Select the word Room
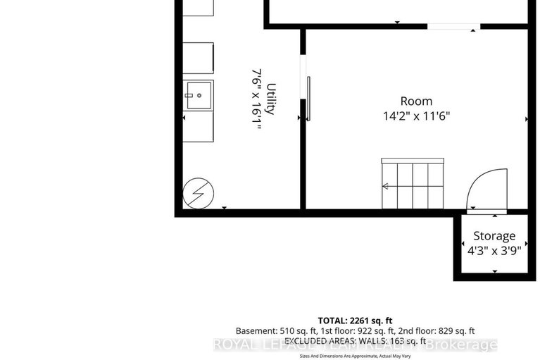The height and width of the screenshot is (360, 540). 416,101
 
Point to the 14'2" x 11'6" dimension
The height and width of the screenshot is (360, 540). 416,116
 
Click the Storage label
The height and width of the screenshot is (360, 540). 494,236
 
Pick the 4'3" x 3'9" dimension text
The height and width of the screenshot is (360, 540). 494,250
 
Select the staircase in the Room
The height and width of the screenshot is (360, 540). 413,184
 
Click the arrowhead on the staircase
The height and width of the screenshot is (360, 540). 386,187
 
